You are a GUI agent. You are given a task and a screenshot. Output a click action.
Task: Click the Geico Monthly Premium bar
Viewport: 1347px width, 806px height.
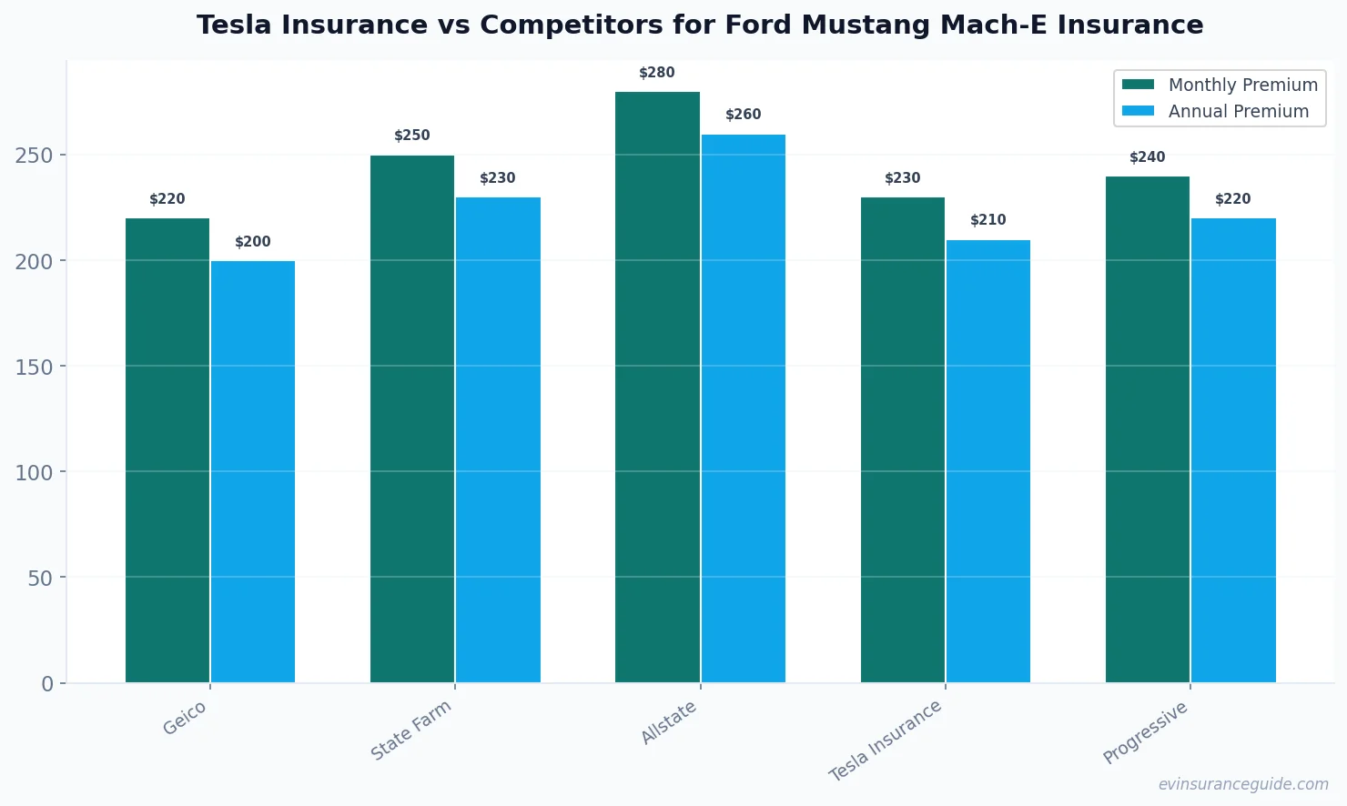coord(167,450)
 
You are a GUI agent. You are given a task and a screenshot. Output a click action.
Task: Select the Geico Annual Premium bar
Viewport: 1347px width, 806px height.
coord(253,471)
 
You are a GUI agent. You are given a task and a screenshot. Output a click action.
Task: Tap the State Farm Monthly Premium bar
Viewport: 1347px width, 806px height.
coord(412,418)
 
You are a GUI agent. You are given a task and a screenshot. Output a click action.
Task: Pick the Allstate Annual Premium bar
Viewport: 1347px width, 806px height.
coord(743,408)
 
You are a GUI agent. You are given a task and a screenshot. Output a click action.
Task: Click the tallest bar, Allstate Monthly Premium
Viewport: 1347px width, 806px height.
coord(657,387)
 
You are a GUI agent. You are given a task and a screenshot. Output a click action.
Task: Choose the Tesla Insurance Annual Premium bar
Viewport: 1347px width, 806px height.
coord(988,461)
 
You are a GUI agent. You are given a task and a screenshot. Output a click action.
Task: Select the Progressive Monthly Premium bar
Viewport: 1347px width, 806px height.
coord(1147,429)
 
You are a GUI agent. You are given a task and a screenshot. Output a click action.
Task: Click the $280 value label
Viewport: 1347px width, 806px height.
coord(657,73)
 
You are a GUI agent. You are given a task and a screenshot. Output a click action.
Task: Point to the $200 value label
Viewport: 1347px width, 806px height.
coord(253,242)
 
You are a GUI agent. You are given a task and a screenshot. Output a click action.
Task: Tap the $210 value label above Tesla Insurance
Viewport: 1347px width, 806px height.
coord(988,220)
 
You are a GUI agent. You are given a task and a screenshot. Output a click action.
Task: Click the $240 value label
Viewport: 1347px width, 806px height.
coord(1147,157)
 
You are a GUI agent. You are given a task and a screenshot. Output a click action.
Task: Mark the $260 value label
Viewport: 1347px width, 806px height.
coord(743,115)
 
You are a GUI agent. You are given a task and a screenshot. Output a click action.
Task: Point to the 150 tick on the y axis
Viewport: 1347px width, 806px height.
coord(34,367)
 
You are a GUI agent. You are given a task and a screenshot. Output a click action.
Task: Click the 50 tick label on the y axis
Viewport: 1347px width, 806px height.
coord(40,578)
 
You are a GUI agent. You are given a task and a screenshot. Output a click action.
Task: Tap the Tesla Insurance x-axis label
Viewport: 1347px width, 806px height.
coord(885,741)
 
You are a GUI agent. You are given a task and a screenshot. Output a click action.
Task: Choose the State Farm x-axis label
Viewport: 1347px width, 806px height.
coord(411,730)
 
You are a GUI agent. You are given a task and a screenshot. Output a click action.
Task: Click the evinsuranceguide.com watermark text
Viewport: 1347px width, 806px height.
coord(1243,784)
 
